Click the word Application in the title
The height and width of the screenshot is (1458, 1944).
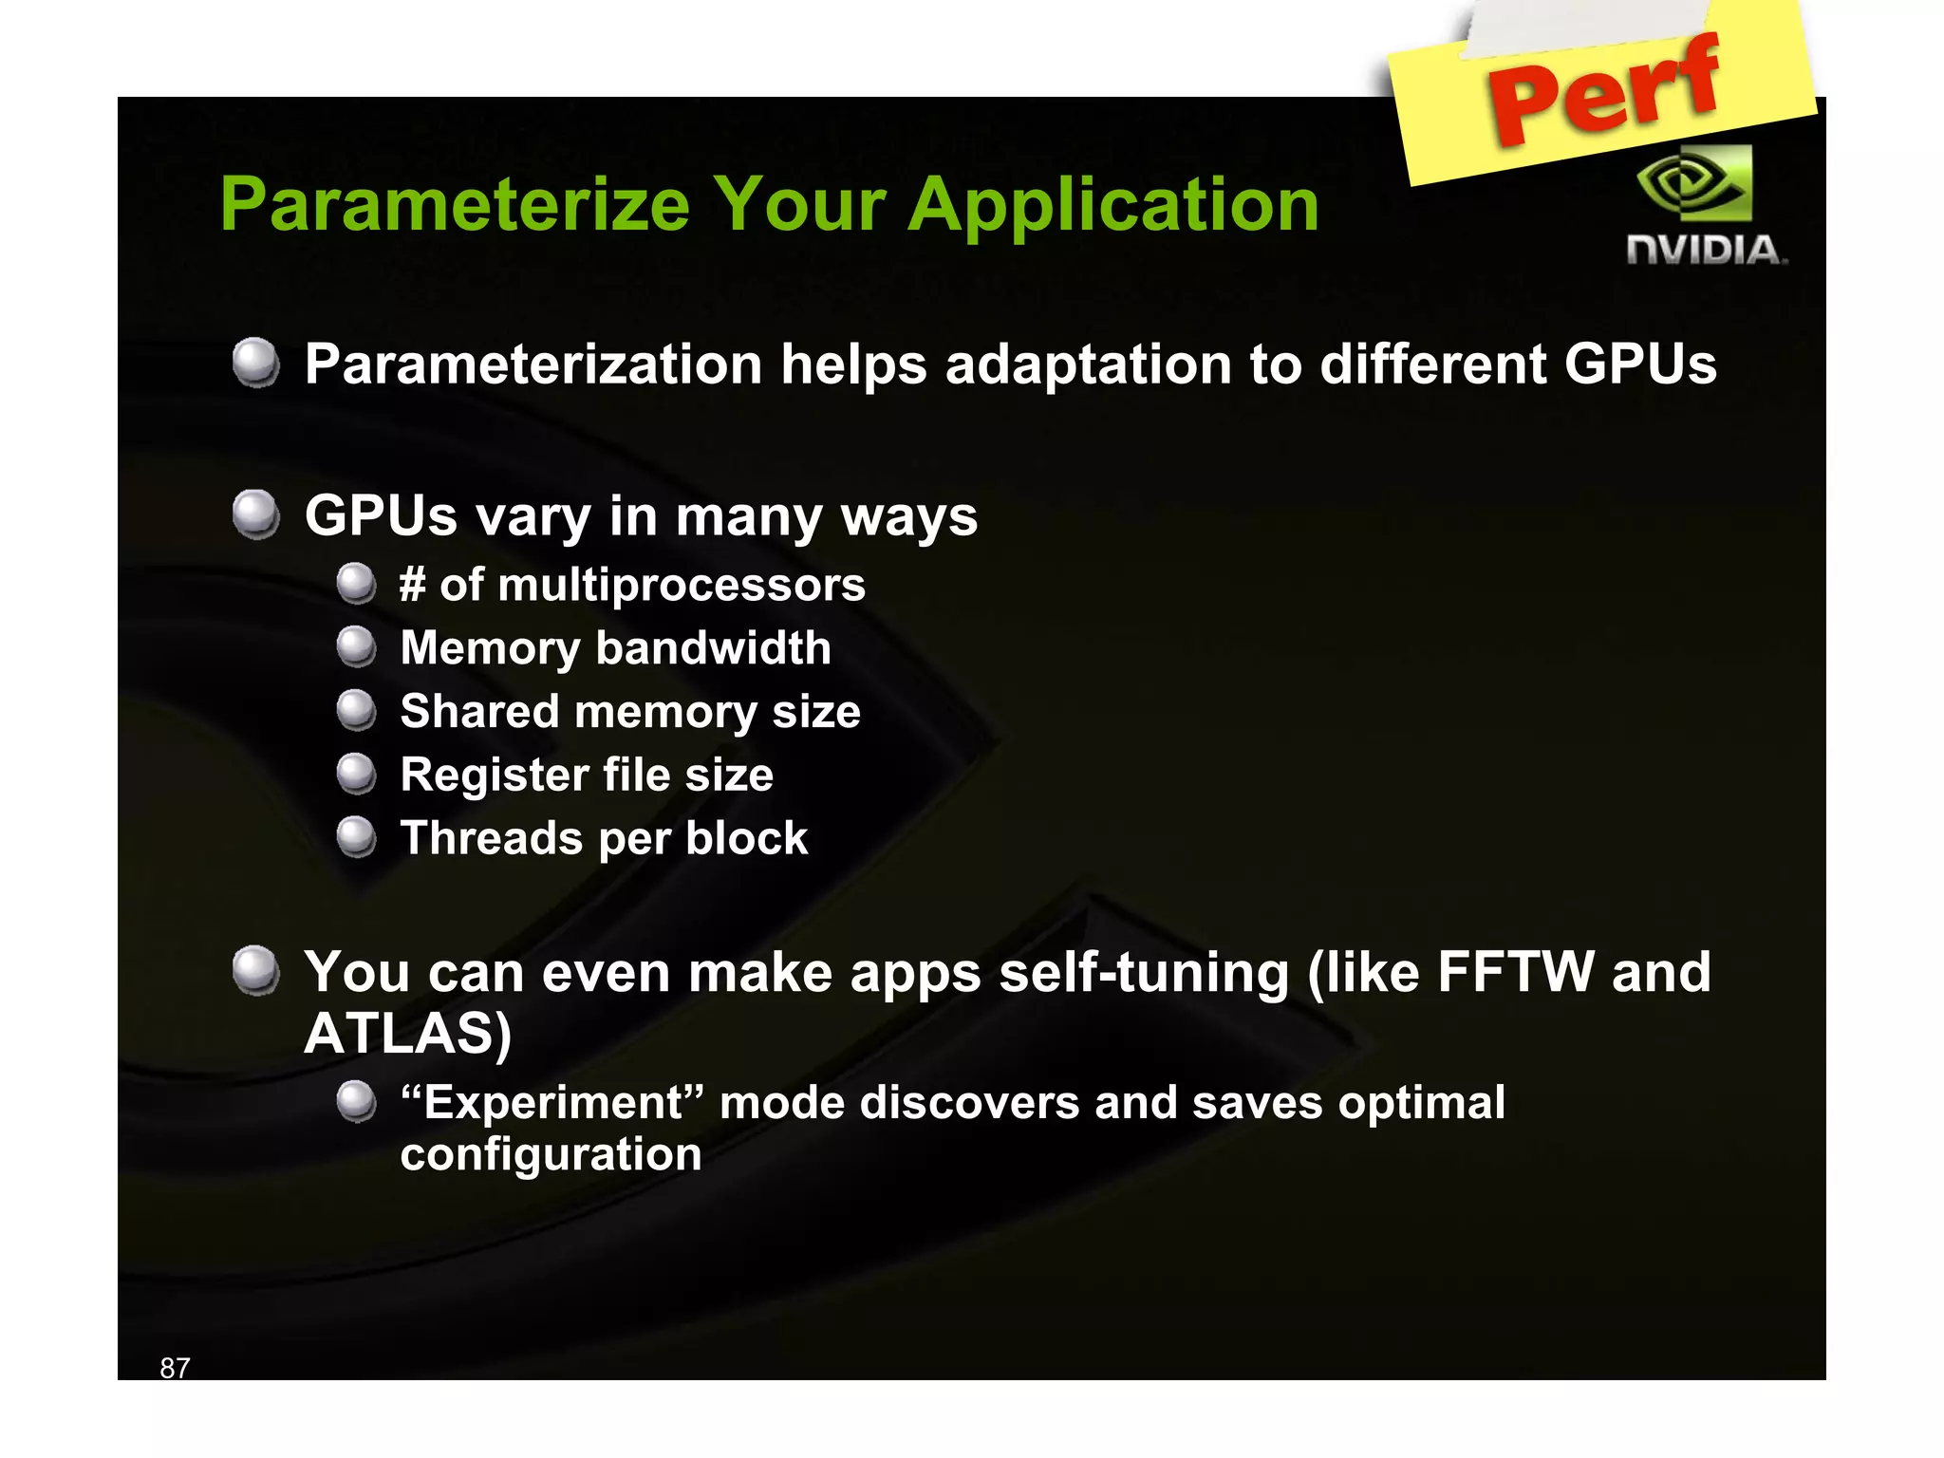click(x=1113, y=205)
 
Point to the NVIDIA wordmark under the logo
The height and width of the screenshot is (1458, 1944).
click(x=1706, y=251)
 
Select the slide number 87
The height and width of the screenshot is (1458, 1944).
click(x=175, y=1367)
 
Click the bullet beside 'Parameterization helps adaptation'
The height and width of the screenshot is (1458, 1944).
click(x=255, y=363)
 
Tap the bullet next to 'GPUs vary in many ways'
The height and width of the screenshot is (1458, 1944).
click(x=255, y=514)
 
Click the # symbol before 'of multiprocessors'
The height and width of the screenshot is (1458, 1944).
click(x=412, y=584)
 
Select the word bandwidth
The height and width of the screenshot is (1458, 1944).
click(x=713, y=648)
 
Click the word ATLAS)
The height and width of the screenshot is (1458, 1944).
click(x=408, y=1033)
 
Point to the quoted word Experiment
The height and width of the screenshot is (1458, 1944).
click(x=551, y=1103)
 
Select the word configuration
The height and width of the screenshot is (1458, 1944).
click(x=551, y=1155)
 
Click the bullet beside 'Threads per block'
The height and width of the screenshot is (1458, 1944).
click(x=357, y=837)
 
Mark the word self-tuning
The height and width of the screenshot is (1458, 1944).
click(x=1144, y=973)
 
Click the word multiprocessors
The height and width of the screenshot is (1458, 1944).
click(x=682, y=585)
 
